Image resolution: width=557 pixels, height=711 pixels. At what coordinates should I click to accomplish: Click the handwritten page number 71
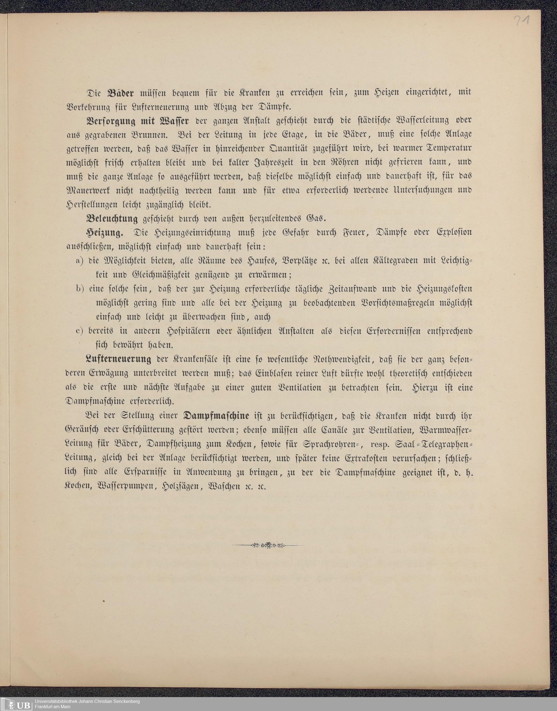pos(521,22)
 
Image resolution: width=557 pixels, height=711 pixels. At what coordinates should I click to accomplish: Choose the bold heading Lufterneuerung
pos(118,360)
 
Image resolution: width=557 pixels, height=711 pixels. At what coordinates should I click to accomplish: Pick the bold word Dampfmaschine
pos(217,416)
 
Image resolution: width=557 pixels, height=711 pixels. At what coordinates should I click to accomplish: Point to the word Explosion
pos(454,233)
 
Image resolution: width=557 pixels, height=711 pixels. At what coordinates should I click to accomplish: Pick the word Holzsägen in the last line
pos(181,487)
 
